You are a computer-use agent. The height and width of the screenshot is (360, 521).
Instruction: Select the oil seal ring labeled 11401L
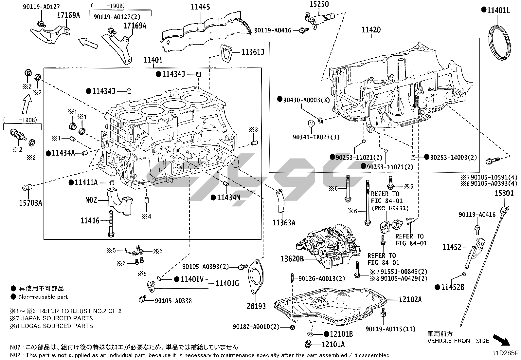pos(499,42)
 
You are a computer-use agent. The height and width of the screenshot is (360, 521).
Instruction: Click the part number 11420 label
pos(371,30)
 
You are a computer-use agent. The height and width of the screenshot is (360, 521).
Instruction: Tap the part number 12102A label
pos(410,299)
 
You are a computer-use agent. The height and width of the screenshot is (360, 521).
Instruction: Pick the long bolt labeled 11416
pos(111,224)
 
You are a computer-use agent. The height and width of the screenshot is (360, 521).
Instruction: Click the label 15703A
pos(30,203)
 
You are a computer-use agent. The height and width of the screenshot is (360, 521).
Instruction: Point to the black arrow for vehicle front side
pos(501,340)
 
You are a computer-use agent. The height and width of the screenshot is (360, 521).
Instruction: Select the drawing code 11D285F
pos(506,353)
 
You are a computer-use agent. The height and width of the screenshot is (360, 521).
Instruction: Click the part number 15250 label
pos(319,4)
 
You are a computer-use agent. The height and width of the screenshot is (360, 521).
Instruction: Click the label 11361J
pos(253,52)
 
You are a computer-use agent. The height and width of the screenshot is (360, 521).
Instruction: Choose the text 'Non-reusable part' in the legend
pos(43,297)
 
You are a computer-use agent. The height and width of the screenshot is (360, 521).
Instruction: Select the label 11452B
pos(453,287)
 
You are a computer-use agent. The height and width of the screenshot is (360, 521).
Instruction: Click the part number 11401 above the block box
pos(153,60)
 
